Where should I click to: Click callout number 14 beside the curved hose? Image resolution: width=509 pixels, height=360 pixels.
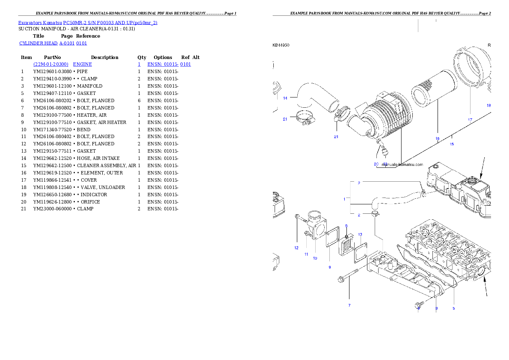point(285,98)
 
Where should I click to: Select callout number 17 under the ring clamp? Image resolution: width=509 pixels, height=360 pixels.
point(470,120)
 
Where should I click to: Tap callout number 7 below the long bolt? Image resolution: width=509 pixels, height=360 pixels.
point(349,305)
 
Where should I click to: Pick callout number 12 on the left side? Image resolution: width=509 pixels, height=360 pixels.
point(296,248)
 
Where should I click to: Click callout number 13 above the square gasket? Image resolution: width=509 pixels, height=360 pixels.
point(360,234)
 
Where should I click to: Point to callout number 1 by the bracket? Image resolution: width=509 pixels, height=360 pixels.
point(344,199)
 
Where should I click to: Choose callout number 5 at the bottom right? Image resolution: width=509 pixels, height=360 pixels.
point(453,308)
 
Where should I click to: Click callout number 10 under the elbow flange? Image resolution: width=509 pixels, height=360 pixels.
point(315,258)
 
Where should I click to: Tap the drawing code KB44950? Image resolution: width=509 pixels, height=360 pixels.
point(281,45)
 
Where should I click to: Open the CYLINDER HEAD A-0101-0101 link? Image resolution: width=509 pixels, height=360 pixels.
point(53,44)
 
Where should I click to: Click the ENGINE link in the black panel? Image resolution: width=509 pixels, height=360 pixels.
point(82,64)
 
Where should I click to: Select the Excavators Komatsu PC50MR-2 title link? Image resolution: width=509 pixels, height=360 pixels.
point(88,23)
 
